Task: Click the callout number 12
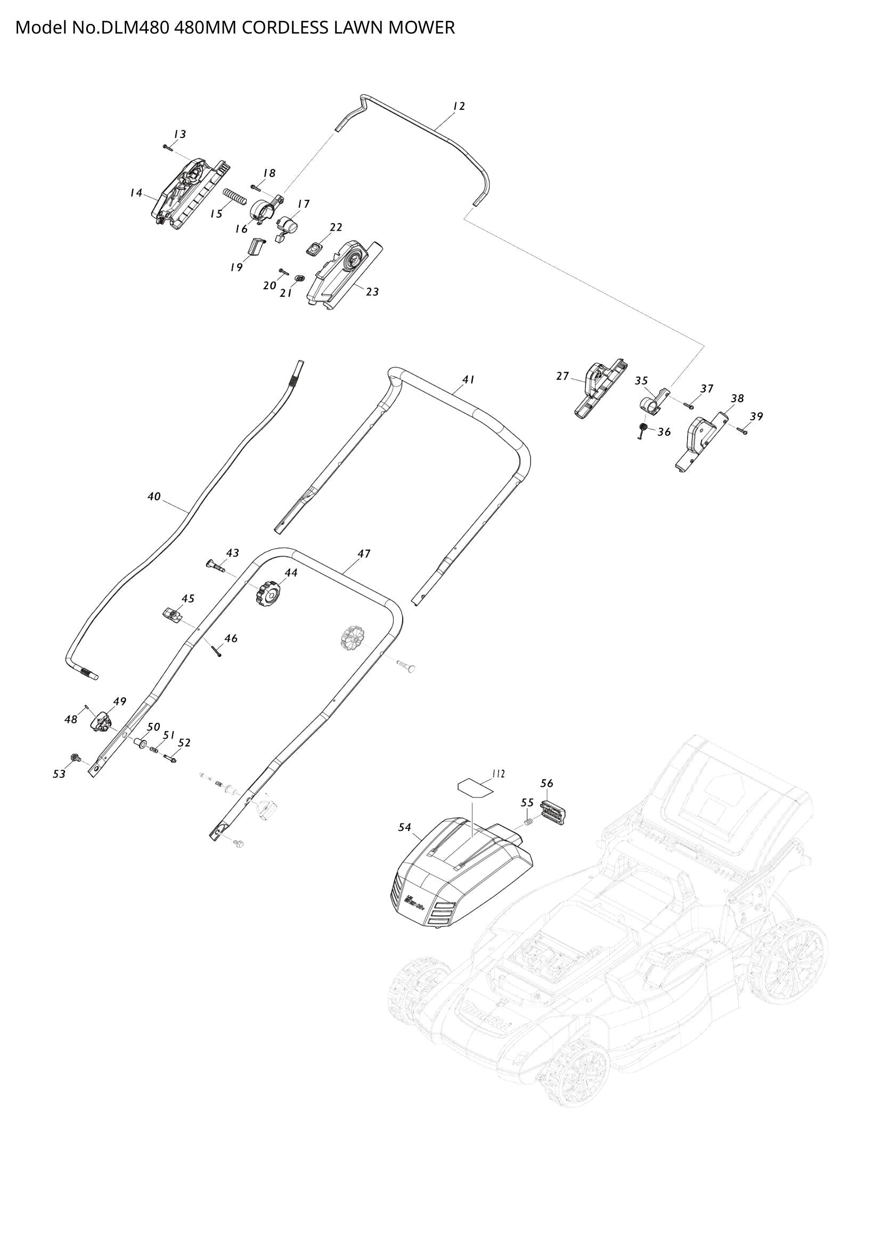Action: (x=459, y=107)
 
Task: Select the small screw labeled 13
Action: (x=167, y=146)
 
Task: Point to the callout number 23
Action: (x=372, y=292)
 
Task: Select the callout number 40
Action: (x=154, y=496)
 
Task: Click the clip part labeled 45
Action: (x=172, y=615)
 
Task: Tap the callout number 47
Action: (x=364, y=553)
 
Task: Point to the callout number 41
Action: (x=468, y=380)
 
